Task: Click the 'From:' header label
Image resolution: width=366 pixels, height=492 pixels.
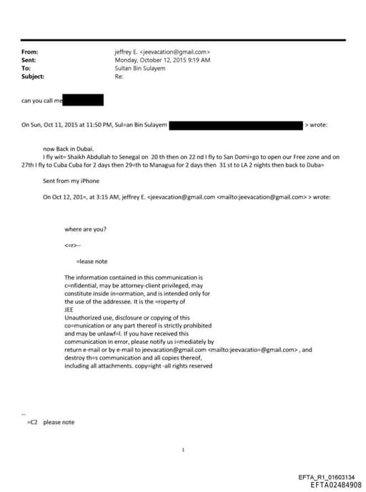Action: click(29, 52)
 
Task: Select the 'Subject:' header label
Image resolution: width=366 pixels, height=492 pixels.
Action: click(33, 76)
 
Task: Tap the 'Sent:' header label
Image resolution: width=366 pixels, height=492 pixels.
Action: click(29, 60)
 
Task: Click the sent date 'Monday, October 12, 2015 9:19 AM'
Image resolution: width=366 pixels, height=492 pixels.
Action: click(162, 60)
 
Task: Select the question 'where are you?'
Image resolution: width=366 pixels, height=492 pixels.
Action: click(85, 228)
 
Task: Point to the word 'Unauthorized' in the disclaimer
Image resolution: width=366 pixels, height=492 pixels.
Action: click(81, 317)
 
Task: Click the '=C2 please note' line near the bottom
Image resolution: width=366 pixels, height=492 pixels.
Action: click(50, 422)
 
